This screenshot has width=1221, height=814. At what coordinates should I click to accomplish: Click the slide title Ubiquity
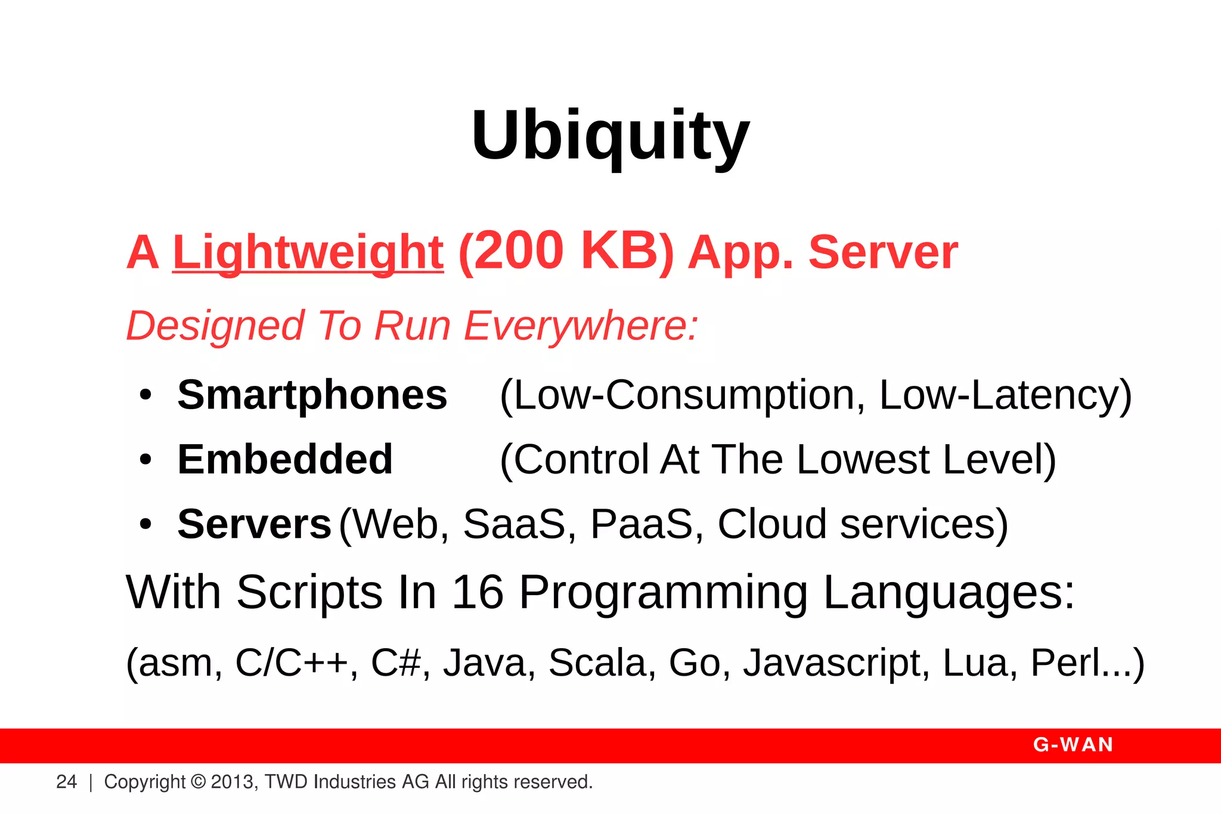[x=610, y=136]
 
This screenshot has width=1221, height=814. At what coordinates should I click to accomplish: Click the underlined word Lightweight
[x=308, y=252]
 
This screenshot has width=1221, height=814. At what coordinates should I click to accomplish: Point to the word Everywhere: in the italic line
[x=581, y=326]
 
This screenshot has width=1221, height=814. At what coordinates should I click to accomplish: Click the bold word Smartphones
[x=312, y=395]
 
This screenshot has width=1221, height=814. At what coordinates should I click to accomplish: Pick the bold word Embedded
[x=285, y=459]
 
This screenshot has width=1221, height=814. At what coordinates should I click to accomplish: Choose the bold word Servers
[x=254, y=524]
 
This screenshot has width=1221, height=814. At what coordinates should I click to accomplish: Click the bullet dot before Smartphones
[x=145, y=395]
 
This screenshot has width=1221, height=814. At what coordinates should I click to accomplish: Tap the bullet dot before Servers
[x=145, y=525]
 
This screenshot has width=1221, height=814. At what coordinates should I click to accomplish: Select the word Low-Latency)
[x=1005, y=395]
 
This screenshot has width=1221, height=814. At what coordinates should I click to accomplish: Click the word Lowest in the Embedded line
[x=863, y=459]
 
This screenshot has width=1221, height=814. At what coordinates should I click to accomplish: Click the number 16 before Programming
[x=478, y=592]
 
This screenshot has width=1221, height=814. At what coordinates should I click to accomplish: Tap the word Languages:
[x=949, y=592]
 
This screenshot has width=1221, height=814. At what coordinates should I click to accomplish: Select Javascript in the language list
[x=835, y=663]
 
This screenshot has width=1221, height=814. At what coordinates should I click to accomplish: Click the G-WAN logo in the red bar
[x=1073, y=745]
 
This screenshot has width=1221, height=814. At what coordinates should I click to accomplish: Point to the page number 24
[x=66, y=782]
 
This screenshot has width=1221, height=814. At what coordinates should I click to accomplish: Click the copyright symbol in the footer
[x=199, y=782]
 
